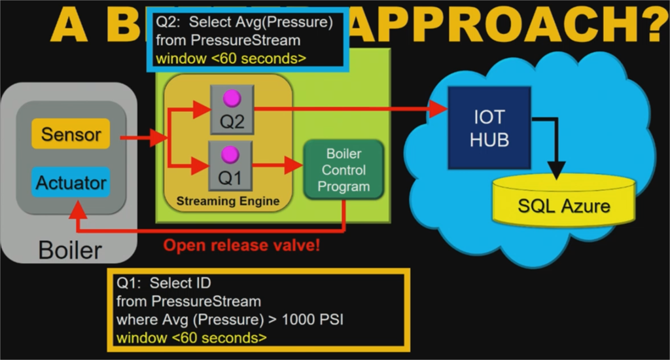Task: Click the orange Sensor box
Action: (71, 135)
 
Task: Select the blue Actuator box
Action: (71, 183)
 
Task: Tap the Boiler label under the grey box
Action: (70, 250)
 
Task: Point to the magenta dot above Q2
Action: (232, 98)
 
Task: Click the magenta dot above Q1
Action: (230, 154)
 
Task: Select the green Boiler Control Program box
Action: (343, 170)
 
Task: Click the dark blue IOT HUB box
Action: (489, 128)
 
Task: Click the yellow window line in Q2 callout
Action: (230, 58)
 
